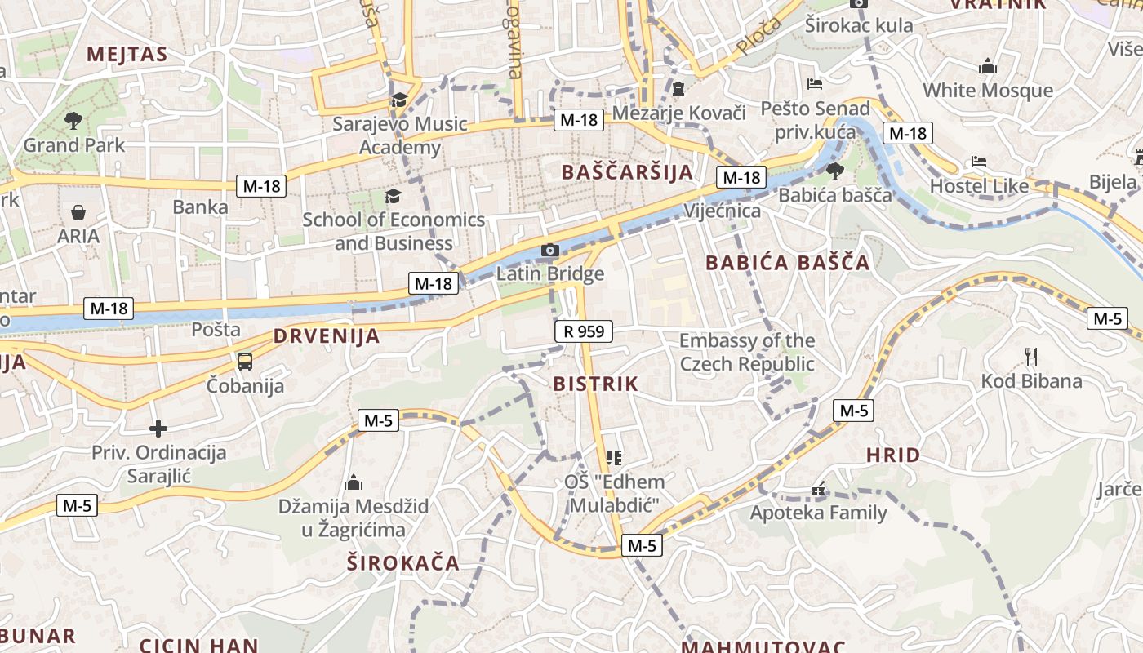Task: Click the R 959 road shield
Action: [583, 331]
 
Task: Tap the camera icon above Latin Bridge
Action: [550, 250]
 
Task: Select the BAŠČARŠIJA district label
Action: [627, 172]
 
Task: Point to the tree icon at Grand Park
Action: [73, 121]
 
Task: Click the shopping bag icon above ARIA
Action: [78, 212]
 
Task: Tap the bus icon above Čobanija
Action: [244, 361]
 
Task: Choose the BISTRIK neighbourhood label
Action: [595, 384]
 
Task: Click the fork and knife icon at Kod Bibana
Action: [1030, 356]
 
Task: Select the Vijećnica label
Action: [723, 211]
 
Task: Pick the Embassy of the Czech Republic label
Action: [747, 352]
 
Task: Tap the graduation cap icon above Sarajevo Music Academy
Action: [399, 100]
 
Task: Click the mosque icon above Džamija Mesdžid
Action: [354, 482]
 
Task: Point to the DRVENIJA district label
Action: [327, 335]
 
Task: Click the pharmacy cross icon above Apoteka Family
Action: [818, 491]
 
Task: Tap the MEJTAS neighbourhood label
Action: [127, 55]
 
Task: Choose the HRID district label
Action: [893, 455]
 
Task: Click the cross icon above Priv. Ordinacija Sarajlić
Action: [158, 428]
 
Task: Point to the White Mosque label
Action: [988, 90]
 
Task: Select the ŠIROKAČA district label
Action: [402, 563]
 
